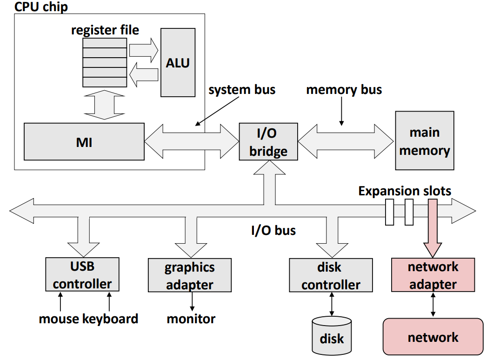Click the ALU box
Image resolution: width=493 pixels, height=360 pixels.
tap(178, 63)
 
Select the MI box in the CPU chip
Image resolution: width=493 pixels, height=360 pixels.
tap(84, 142)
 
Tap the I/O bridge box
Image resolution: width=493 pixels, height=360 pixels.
tap(268, 141)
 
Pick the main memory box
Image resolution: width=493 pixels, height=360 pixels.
tap(425, 140)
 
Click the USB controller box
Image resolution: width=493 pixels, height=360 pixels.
tap(82, 274)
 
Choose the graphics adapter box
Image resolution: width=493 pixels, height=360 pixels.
tap(190, 275)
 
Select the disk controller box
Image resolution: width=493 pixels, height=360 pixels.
tap(331, 275)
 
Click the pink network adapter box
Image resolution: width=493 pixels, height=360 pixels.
tap(433, 275)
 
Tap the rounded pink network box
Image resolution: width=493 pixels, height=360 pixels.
tap(433, 337)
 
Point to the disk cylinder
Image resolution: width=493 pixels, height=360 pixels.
tap(332, 335)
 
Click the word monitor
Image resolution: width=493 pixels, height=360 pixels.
tap(191, 319)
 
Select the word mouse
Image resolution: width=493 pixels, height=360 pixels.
tap(59, 319)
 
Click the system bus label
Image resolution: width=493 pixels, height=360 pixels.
tap(242, 90)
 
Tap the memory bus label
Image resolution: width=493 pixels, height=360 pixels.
tap(344, 90)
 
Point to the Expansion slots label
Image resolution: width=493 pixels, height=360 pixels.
tap(405, 191)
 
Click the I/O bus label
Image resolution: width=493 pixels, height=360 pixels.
tap(273, 230)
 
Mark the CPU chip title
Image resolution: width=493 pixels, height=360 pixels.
tap(41, 7)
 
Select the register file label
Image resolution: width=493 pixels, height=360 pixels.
tap(105, 30)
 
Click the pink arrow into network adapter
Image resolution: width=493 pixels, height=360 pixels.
tap(433, 228)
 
